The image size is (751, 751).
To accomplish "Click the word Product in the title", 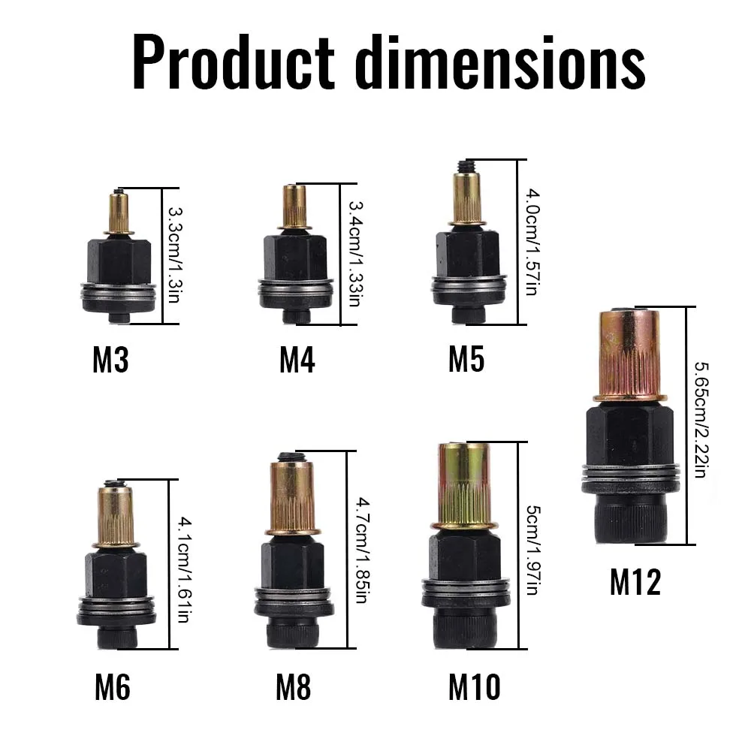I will [233, 64].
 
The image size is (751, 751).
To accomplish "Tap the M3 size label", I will [110, 360].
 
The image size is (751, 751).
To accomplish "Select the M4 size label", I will [297, 360].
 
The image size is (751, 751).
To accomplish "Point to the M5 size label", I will [466, 360].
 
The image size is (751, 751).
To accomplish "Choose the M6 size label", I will [112, 687].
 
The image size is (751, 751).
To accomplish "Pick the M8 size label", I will [293, 687].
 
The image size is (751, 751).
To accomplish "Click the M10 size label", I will [475, 687].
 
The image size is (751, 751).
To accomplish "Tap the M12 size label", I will [635, 581].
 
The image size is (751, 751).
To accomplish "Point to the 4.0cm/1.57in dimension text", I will [531, 243].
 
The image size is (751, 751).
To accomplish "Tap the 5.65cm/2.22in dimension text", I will [699, 424].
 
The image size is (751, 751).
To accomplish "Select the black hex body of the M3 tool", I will [117, 259].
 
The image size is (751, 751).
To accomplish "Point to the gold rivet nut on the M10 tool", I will [463, 484].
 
